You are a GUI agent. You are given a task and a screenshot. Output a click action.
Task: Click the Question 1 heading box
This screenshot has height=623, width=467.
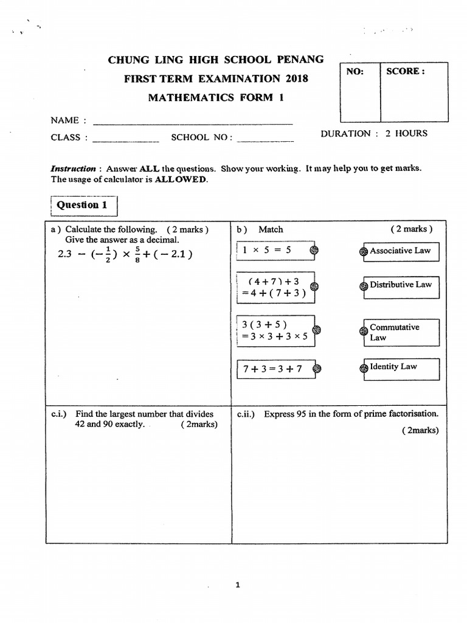(81, 205)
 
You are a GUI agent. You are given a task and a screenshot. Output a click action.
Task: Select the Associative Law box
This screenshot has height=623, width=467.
(401, 251)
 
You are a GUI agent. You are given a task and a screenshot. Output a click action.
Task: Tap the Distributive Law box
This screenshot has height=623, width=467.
(401, 285)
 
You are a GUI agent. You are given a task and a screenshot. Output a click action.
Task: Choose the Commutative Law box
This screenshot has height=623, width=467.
(401, 332)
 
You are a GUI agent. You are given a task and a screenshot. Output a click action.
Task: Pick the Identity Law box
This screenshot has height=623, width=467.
(401, 367)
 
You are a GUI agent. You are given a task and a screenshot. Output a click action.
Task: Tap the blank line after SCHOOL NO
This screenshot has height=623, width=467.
(265, 139)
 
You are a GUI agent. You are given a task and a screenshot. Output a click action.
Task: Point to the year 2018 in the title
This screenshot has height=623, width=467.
(296, 78)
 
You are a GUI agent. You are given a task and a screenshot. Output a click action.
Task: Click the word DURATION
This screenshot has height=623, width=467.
(345, 134)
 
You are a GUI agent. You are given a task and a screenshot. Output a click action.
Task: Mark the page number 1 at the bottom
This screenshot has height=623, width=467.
(238, 585)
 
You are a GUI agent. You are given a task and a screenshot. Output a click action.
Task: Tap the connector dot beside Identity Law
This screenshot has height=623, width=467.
(364, 367)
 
